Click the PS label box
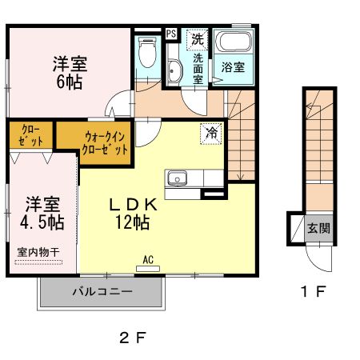[171, 34]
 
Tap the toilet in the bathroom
[146, 53]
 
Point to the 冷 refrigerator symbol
[212, 134]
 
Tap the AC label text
[148, 260]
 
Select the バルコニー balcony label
[105, 293]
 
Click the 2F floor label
[134, 337]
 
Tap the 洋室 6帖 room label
[70, 71]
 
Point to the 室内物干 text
[38, 253]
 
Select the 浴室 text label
[233, 67]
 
